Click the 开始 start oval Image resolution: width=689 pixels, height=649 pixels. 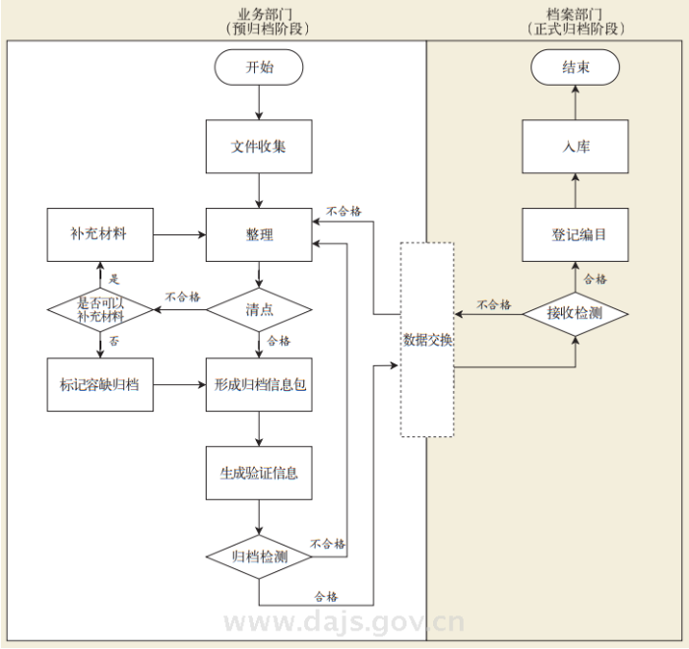(259, 67)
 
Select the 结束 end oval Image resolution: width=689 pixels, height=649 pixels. (575, 67)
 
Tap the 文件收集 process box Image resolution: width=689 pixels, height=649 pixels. (259, 147)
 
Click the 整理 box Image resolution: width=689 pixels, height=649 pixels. (259, 234)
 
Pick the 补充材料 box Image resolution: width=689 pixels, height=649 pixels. (100, 234)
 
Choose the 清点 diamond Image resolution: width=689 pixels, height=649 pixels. (259, 310)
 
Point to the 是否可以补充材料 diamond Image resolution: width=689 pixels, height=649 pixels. (100, 310)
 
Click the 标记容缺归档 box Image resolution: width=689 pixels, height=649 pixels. (100, 385)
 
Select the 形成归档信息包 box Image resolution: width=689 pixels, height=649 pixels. (259, 385)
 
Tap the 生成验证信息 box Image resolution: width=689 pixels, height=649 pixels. (259, 473)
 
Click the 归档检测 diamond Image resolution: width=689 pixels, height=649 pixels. (259, 556)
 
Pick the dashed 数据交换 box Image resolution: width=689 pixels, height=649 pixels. (427, 340)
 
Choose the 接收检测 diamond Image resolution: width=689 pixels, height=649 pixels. (575, 314)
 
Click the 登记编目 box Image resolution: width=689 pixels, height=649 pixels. (575, 234)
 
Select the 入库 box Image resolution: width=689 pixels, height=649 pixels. (575, 147)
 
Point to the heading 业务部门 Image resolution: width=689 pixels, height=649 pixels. (265, 15)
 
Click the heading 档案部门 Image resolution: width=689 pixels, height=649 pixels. (574, 15)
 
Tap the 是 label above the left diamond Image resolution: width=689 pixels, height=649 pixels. (114, 279)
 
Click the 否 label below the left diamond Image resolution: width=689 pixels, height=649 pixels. (114, 341)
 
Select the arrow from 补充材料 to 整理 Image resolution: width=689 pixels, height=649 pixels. (180, 234)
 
